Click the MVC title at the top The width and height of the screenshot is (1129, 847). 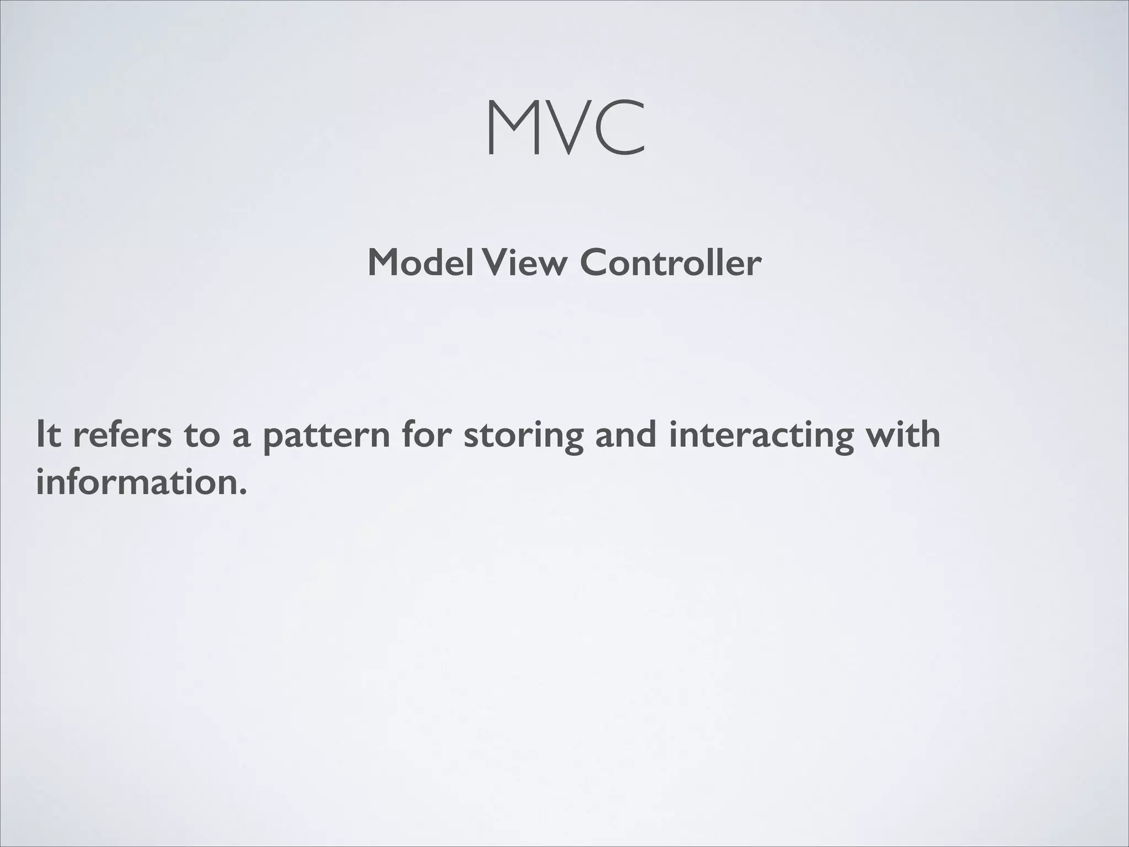tap(566, 128)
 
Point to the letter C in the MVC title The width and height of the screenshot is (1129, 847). tap(619, 128)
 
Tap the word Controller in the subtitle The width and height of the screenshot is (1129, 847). tap(670, 262)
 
